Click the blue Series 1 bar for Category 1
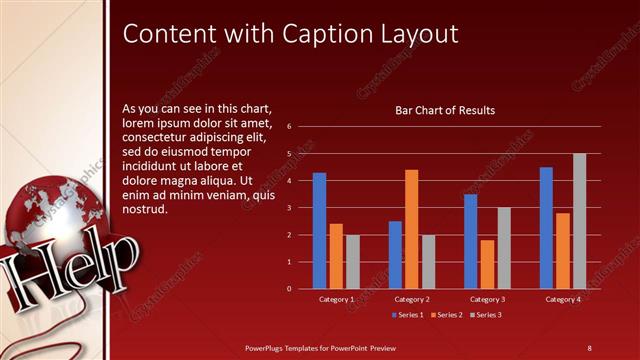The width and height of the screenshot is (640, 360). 319,231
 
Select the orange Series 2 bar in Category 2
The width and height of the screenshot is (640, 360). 412,229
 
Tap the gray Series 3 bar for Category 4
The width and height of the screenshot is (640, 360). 580,221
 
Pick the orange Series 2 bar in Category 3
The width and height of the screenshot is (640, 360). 487,264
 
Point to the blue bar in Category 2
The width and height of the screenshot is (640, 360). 395,255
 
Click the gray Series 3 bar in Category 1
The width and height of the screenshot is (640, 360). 353,262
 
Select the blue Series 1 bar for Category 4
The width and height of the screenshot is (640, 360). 546,228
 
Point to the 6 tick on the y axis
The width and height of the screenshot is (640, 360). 288,127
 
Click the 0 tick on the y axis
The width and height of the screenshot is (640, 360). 288,289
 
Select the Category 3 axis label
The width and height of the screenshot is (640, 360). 487,299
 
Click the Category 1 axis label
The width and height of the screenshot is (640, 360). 336,299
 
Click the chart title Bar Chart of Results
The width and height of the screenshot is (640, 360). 445,110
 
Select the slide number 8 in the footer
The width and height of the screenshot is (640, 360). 589,347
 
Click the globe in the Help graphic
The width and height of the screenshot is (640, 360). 44,215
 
